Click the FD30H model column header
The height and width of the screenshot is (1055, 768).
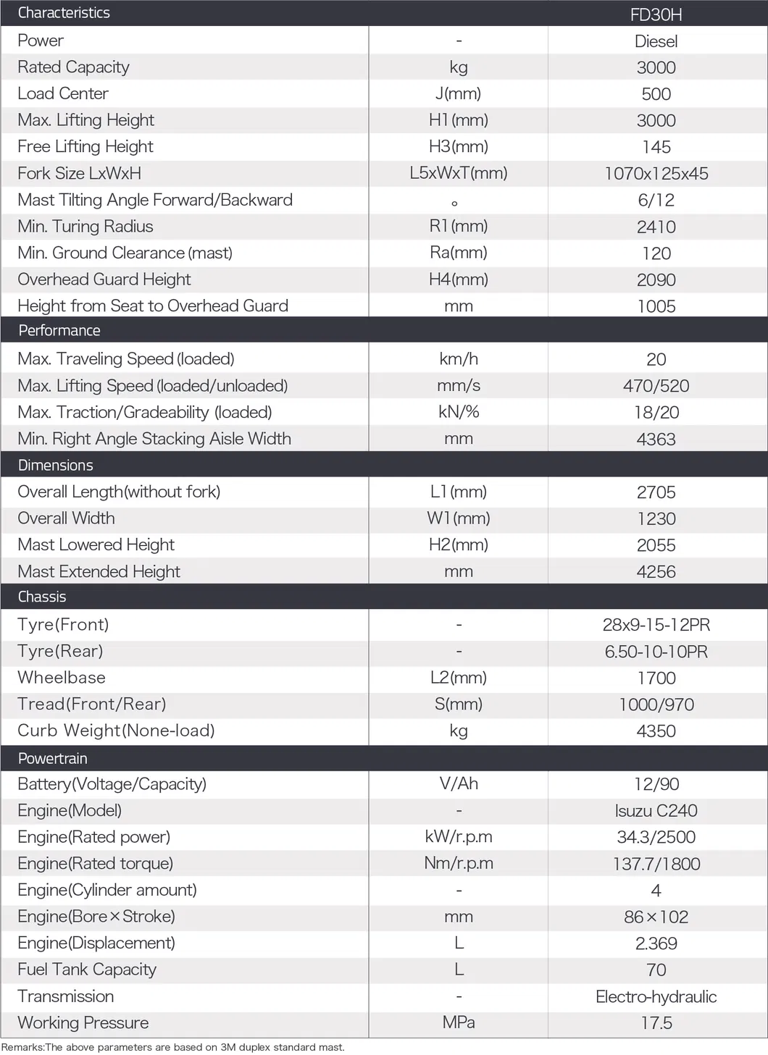(656, 14)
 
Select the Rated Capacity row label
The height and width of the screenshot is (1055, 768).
(73, 67)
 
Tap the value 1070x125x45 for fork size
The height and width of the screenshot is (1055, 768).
(656, 174)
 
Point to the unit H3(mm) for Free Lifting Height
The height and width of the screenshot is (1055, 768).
(458, 147)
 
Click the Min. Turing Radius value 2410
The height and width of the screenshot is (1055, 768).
(656, 227)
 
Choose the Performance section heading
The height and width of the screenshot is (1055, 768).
(59, 331)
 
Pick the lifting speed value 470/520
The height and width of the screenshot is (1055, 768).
(656, 386)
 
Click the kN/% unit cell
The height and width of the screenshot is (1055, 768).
(458, 412)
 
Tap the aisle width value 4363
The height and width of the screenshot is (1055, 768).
(656, 439)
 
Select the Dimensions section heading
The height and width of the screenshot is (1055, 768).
(56, 466)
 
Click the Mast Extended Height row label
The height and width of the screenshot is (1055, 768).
(99, 572)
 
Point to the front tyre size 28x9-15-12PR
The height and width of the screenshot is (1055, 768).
(656, 625)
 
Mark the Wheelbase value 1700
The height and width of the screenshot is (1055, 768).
(656, 678)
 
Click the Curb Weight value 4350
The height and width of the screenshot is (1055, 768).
(656, 731)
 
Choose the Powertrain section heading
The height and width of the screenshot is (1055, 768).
(52, 759)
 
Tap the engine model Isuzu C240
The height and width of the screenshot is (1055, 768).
(656, 811)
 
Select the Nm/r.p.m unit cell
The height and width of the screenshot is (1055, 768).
(458, 864)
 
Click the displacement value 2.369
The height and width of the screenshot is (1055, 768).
(656, 943)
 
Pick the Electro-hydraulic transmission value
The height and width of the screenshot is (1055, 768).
(656, 997)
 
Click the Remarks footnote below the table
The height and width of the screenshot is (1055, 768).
(173, 1047)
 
